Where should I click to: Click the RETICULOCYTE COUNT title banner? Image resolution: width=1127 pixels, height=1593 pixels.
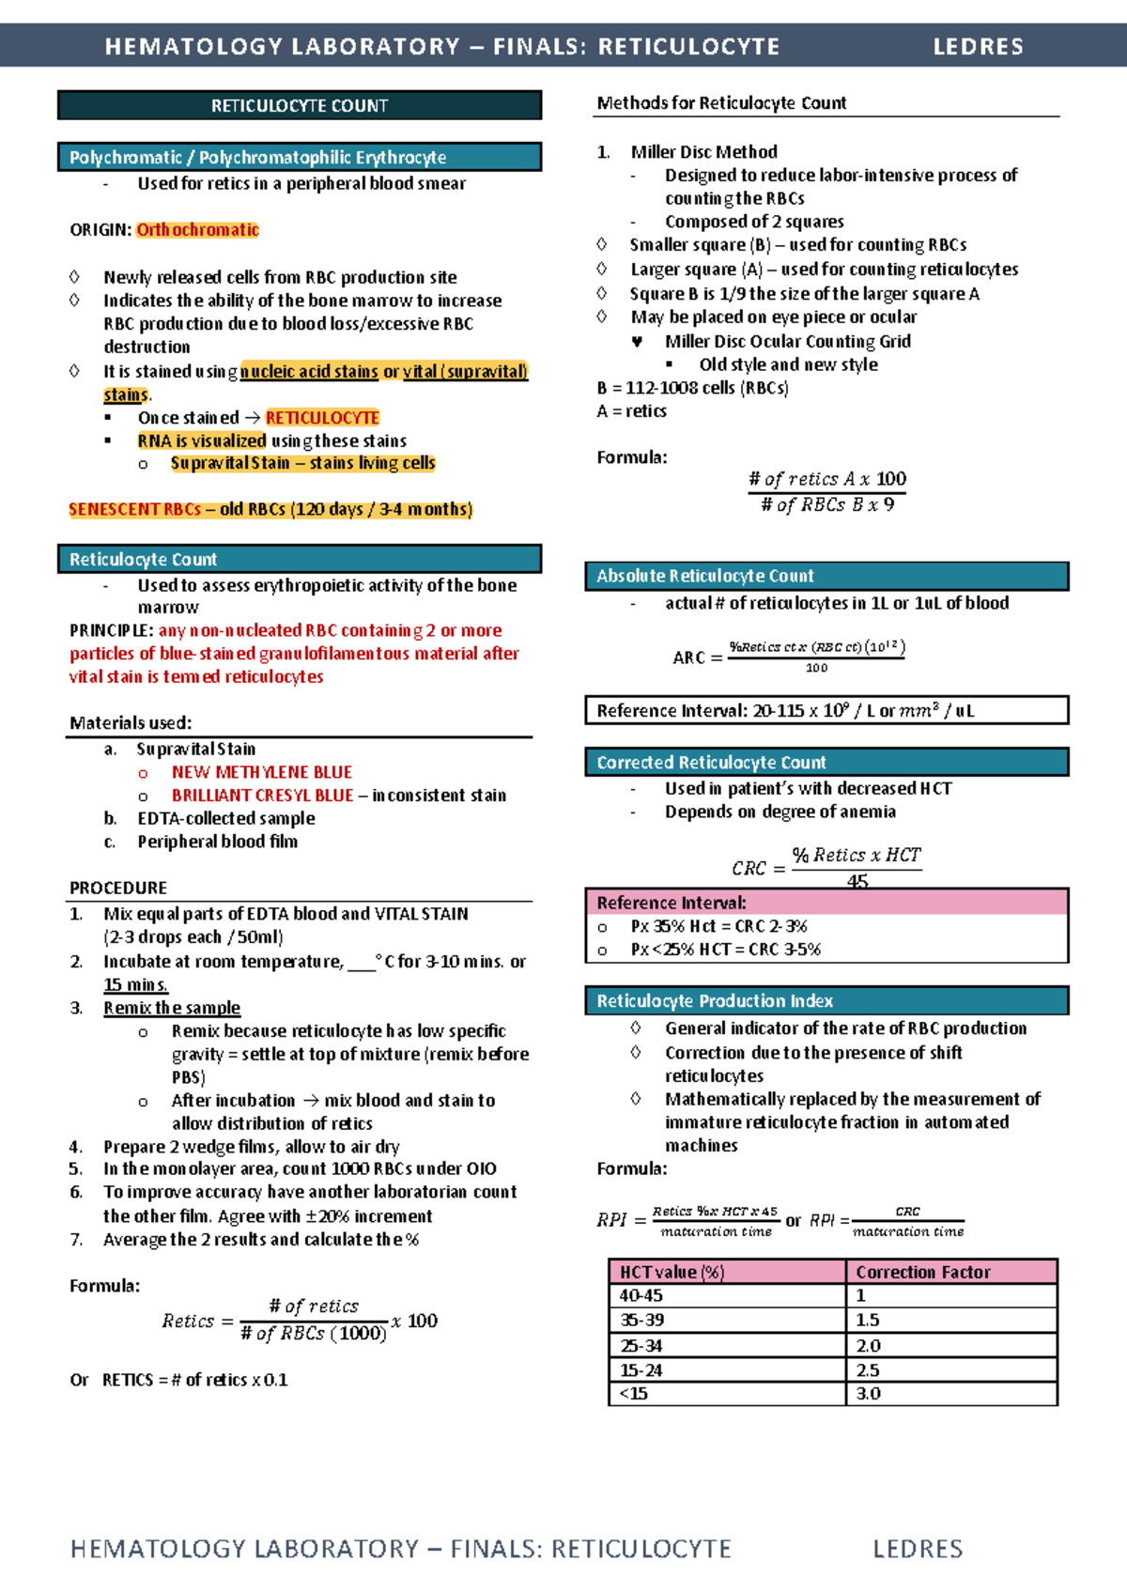tap(299, 105)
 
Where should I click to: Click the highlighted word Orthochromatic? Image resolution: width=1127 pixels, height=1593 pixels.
tap(197, 230)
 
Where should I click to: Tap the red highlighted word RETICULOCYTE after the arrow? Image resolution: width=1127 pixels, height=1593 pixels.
tap(322, 418)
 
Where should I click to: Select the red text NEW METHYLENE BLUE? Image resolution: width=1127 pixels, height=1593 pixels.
tap(261, 772)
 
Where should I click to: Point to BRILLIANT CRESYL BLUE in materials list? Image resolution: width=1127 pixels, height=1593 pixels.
tap(262, 796)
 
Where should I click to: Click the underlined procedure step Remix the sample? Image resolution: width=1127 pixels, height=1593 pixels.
tap(172, 1008)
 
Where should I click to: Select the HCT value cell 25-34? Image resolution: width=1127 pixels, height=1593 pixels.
tap(641, 1346)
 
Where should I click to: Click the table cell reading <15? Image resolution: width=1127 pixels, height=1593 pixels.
tap(634, 1394)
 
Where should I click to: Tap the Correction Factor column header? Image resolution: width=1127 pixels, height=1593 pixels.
tap(922, 1272)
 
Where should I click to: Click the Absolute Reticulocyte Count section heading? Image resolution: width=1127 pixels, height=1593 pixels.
tap(704, 576)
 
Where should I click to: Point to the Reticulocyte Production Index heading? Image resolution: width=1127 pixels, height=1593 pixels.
tap(715, 1001)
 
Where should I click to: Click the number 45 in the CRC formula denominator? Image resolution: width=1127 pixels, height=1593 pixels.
tap(857, 881)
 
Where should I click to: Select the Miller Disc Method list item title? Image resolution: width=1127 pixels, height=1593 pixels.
tap(703, 152)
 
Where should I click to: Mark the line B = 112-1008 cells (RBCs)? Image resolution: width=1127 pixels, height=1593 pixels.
tap(692, 388)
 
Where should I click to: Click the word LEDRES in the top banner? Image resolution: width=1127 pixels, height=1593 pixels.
tap(978, 46)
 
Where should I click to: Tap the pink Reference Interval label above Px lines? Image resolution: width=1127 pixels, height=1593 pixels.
tap(672, 903)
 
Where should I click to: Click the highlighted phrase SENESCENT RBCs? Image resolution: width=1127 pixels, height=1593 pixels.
tap(134, 510)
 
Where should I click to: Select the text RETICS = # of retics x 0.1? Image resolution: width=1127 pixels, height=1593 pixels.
tap(194, 1380)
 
